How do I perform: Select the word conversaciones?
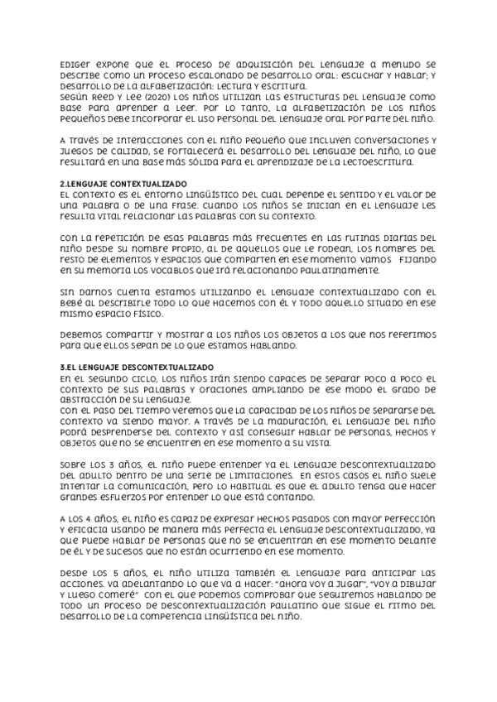[379, 140]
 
